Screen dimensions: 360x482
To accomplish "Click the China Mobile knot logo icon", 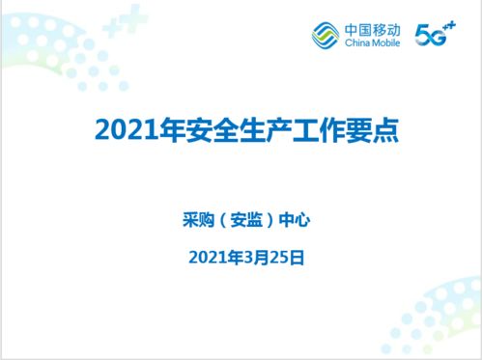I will point(326,36).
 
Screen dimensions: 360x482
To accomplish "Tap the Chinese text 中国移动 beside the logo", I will point(370,29).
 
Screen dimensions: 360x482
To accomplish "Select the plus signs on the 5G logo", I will point(448,29).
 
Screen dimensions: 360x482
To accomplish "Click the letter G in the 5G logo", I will point(435,37).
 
